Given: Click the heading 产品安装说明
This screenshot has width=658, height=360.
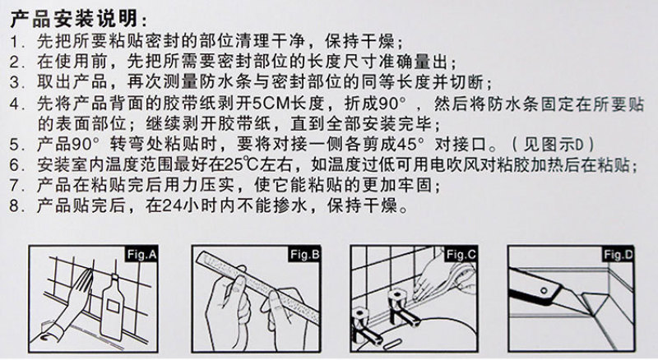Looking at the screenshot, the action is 74,19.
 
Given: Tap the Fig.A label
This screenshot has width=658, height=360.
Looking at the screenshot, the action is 141,254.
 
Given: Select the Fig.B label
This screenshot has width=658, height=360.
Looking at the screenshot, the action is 304,254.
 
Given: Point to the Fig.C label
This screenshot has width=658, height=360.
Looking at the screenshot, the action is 461,254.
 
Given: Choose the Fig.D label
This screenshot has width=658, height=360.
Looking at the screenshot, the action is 619,254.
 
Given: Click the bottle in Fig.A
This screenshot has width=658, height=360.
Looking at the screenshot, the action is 113,307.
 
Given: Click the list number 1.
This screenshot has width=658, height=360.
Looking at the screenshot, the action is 15,42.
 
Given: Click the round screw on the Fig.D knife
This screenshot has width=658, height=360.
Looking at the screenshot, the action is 544,290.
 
